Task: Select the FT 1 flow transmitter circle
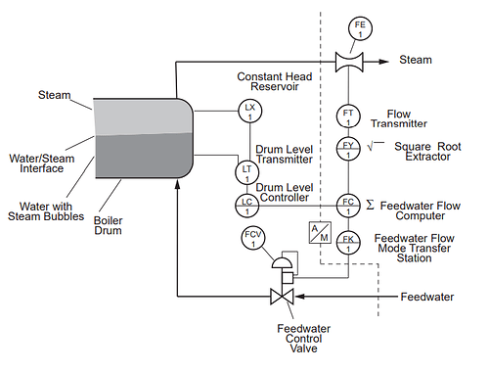[347, 116]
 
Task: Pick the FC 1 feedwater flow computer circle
[347, 204]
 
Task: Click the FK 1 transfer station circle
[347, 240]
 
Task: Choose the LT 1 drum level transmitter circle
[246, 173]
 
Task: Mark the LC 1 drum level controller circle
[246, 204]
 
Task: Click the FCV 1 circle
[252, 240]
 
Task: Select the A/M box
[318, 233]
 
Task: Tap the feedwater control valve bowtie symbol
[282, 296]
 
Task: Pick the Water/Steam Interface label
[37, 163]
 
